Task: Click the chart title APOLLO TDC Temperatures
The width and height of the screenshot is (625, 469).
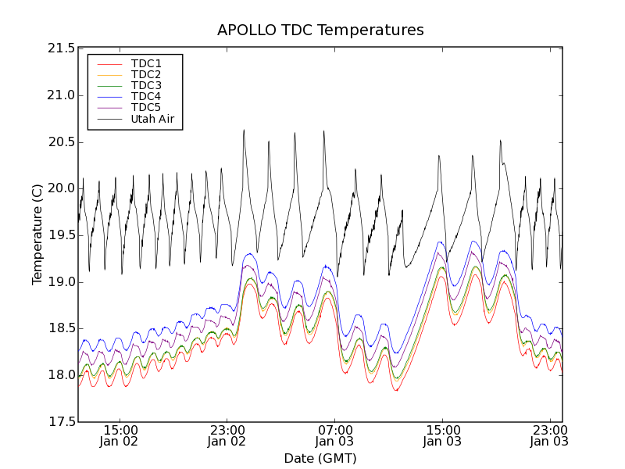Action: pyautogui.click(x=320, y=30)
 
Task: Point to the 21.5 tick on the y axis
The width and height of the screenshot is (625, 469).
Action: pyautogui.click(x=60, y=48)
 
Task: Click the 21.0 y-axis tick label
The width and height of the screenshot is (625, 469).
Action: pyautogui.click(x=60, y=95)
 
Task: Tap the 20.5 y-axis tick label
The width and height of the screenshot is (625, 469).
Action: pyautogui.click(x=60, y=142)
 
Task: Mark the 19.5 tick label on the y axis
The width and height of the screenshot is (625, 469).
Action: pyautogui.click(x=60, y=235)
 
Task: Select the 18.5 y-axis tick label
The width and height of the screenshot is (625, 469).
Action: pyautogui.click(x=60, y=328)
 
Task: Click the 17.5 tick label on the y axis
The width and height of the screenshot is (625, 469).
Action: pyautogui.click(x=60, y=422)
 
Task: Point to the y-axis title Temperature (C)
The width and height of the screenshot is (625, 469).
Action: pyautogui.click(x=37, y=234)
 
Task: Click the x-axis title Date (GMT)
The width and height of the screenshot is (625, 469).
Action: pyautogui.click(x=320, y=458)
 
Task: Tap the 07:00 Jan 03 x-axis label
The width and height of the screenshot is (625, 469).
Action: pyautogui.click(x=334, y=435)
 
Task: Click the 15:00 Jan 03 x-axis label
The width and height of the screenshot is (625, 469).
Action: pyautogui.click(x=441, y=435)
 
